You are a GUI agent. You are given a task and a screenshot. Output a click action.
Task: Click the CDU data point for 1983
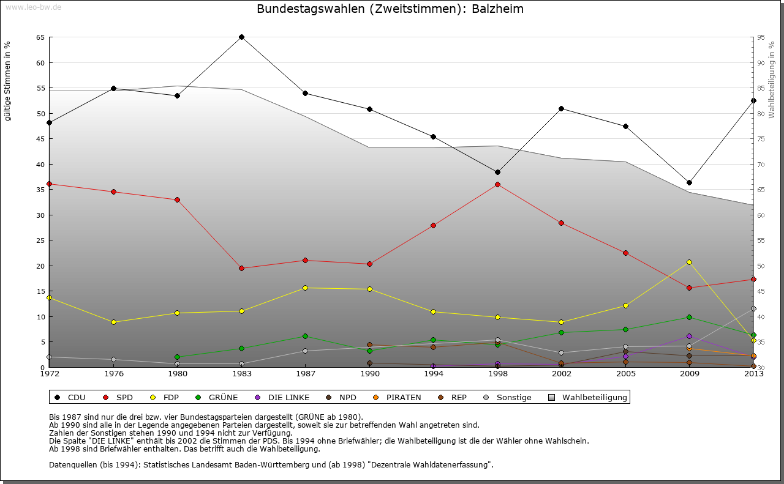241,37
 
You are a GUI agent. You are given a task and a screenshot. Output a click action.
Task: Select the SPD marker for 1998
497,184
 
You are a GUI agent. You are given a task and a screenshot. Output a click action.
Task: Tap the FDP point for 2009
689,262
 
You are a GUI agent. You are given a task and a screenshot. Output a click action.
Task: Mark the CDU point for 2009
689,182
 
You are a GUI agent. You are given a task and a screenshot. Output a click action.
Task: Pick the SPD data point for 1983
241,268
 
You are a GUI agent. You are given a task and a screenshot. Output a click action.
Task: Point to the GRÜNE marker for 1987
305,336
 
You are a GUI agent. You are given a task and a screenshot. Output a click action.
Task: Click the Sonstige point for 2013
753,309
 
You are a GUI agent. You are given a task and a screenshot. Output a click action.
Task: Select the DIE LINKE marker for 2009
689,336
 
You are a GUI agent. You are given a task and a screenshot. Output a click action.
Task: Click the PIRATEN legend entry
397,398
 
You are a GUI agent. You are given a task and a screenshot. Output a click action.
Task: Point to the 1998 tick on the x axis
497,373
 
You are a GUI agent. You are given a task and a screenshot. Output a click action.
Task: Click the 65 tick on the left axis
40,37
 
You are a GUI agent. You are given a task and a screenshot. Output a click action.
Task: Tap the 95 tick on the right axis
760,37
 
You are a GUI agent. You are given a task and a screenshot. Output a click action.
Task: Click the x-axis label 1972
50,373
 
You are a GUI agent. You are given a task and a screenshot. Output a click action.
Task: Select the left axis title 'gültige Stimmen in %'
8,81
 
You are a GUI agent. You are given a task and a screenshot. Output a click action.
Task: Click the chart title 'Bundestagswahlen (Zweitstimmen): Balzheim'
390,9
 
